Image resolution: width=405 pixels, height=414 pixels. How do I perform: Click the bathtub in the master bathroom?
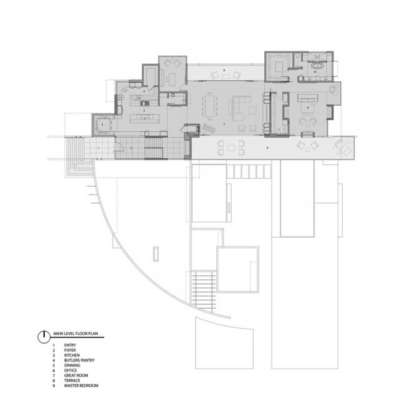(316, 65)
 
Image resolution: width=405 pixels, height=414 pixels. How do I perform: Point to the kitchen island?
(146, 118)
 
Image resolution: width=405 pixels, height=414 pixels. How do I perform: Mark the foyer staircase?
(153, 151)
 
